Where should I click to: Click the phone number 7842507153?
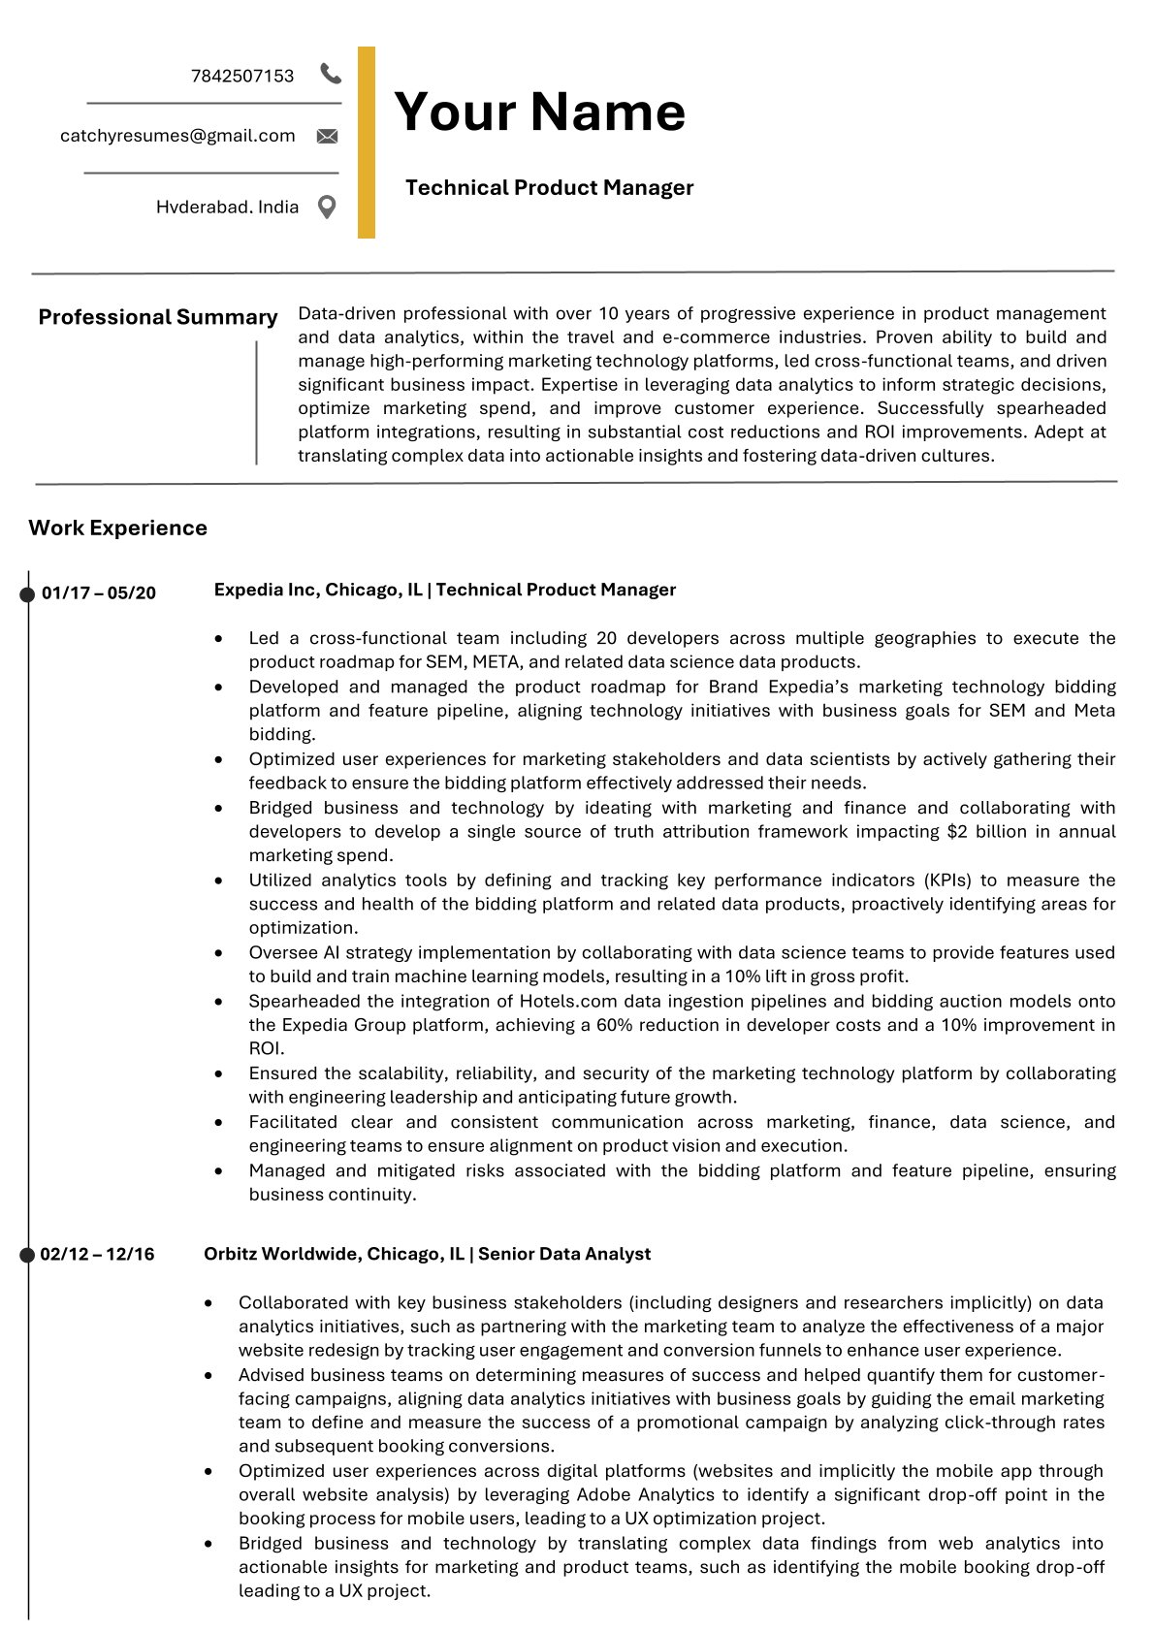click(x=242, y=76)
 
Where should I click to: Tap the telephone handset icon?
click(x=331, y=74)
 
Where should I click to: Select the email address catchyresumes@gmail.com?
click(x=177, y=136)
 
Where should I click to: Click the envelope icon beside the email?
click(x=328, y=137)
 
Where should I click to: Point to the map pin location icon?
click(x=328, y=207)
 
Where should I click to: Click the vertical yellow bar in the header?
click(x=367, y=143)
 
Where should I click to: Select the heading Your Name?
click(x=539, y=112)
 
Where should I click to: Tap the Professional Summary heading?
click(x=157, y=317)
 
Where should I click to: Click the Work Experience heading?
click(x=117, y=528)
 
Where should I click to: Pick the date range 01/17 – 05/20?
click(x=99, y=593)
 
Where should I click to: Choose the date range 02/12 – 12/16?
click(x=97, y=1254)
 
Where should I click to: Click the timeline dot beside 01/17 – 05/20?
click(x=27, y=593)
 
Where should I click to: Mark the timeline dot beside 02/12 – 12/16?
click(x=27, y=1255)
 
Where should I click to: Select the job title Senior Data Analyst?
click(x=564, y=1254)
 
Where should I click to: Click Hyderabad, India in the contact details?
click(x=227, y=207)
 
